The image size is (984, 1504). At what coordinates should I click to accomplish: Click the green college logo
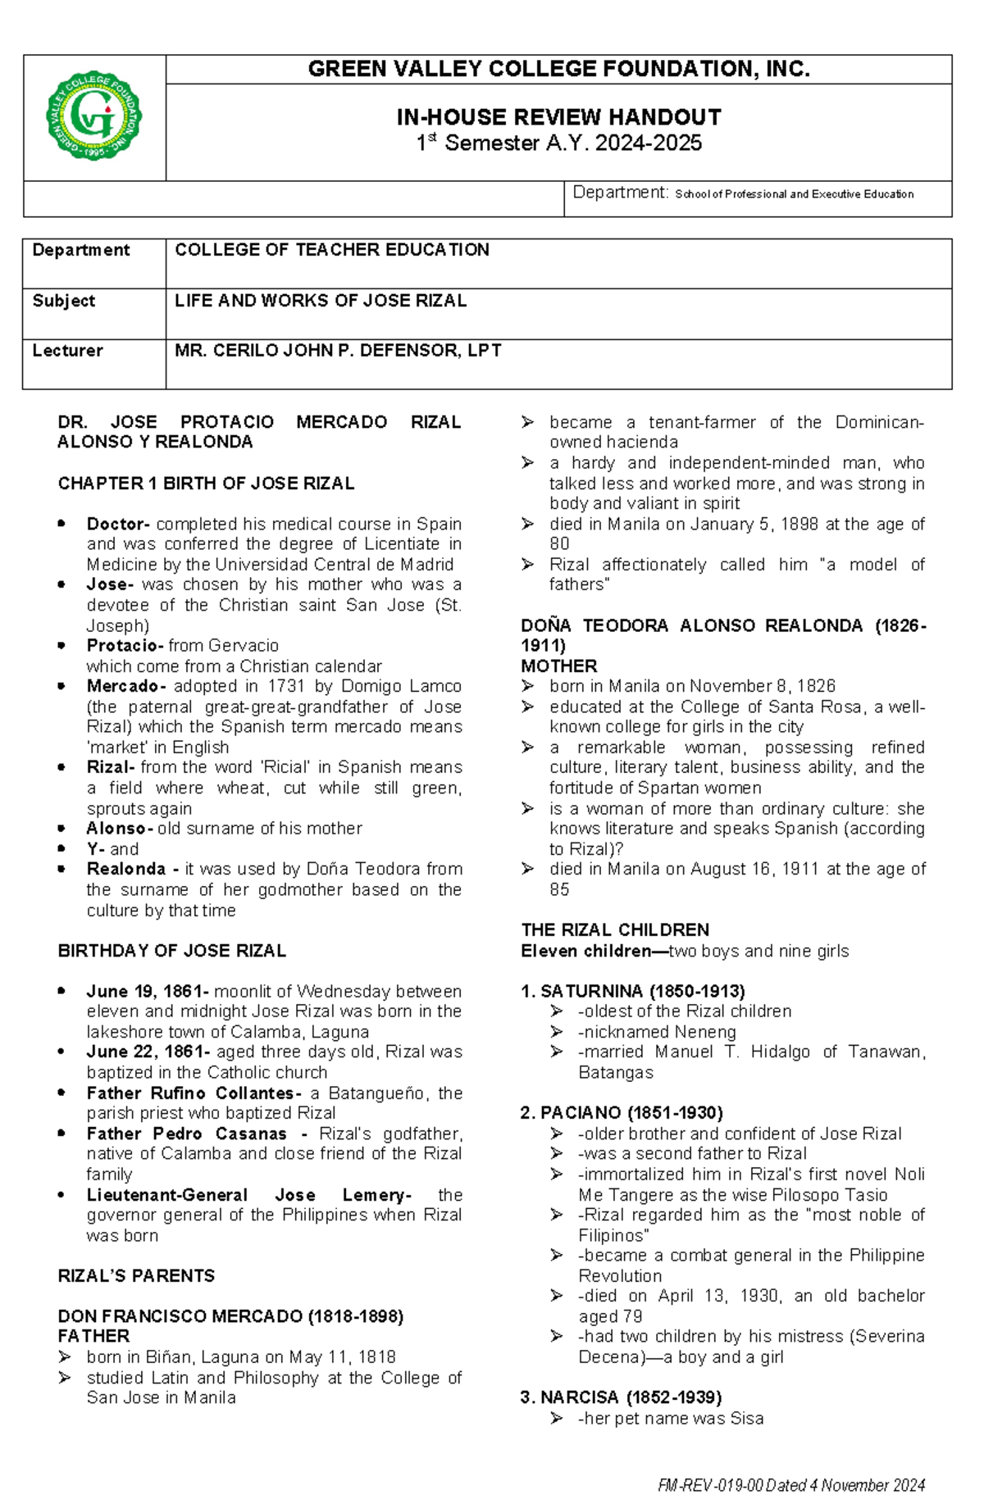(93, 116)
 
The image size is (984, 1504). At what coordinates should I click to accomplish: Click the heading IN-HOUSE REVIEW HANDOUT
(558, 117)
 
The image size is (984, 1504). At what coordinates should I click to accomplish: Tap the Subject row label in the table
(64, 301)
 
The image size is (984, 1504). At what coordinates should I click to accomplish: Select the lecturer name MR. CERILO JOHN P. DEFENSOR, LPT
(338, 351)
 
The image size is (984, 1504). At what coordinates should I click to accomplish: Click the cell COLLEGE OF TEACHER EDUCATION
(331, 250)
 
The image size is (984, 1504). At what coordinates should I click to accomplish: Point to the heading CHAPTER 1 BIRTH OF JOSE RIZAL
(206, 484)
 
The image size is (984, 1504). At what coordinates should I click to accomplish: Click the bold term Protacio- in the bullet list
(125, 646)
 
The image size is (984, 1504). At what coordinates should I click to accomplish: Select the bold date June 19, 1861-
(148, 992)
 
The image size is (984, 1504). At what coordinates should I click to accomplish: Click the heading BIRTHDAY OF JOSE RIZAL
(171, 951)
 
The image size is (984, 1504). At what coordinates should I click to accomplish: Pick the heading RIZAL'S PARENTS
(136, 1276)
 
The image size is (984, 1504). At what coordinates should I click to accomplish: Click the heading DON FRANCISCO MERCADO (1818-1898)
(230, 1316)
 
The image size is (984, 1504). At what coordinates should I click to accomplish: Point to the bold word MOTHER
(558, 666)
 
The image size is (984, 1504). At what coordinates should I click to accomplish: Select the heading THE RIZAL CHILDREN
(615, 930)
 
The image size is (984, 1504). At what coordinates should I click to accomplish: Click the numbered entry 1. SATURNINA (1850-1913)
(632, 992)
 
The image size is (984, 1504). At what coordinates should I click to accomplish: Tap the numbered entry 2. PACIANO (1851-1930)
(622, 1113)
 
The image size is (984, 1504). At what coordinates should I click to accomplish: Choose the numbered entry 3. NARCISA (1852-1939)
(621, 1397)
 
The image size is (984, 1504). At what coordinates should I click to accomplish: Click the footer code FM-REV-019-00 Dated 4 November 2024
(791, 1485)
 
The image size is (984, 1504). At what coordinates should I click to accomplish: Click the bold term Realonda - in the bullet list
(133, 869)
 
